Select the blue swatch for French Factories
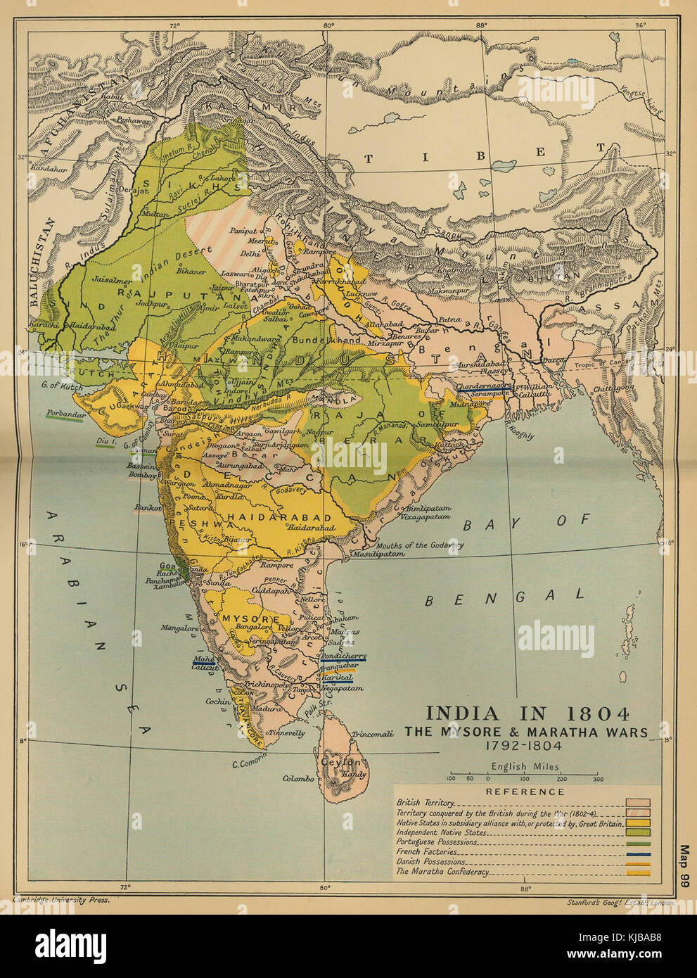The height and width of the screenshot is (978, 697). coord(639,851)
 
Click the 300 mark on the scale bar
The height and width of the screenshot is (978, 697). coord(597,779)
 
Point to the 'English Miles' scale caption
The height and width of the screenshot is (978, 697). coord(525,767)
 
